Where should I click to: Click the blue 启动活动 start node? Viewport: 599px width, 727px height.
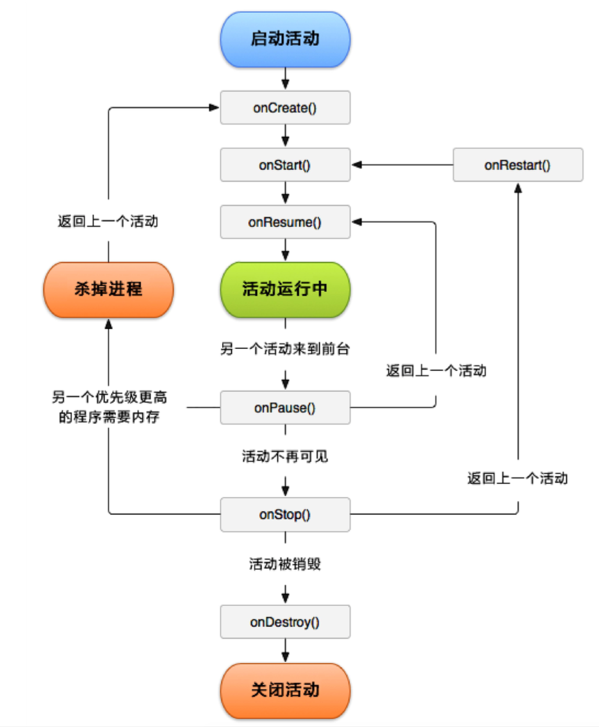[x=285, y=40]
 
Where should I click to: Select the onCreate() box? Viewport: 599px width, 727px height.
[x=285, y=108]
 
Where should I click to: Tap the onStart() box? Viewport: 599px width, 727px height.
[x=285, y=165]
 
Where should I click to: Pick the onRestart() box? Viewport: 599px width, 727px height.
[x=518, y=165]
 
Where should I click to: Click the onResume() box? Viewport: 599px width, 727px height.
[x=285, y=222]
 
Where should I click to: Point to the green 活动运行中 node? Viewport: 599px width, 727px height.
[x=285, y=289]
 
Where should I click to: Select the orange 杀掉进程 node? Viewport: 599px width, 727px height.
[x=108, y=289]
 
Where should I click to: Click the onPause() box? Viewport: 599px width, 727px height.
[x=285, y=408]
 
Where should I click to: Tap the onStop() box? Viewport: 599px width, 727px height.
[x=285, y=515]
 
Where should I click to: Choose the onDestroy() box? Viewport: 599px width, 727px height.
[x=285, y=622]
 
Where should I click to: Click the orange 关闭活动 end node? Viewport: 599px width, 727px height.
[x=285, y=690]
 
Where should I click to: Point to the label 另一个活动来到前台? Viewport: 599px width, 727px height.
[x=285, y=349]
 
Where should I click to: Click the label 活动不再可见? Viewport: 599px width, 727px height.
[x=285, y=457]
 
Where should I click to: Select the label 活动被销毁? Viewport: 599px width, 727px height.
[x=285, y=564]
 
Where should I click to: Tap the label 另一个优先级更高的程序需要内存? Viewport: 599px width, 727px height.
[x=109, y=407]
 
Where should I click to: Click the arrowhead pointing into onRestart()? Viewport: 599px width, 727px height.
[x=518, y=188]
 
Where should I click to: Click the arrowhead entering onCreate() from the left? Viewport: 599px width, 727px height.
[x=213, y=108]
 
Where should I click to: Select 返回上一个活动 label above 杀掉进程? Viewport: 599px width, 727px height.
[x=108, y=222]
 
